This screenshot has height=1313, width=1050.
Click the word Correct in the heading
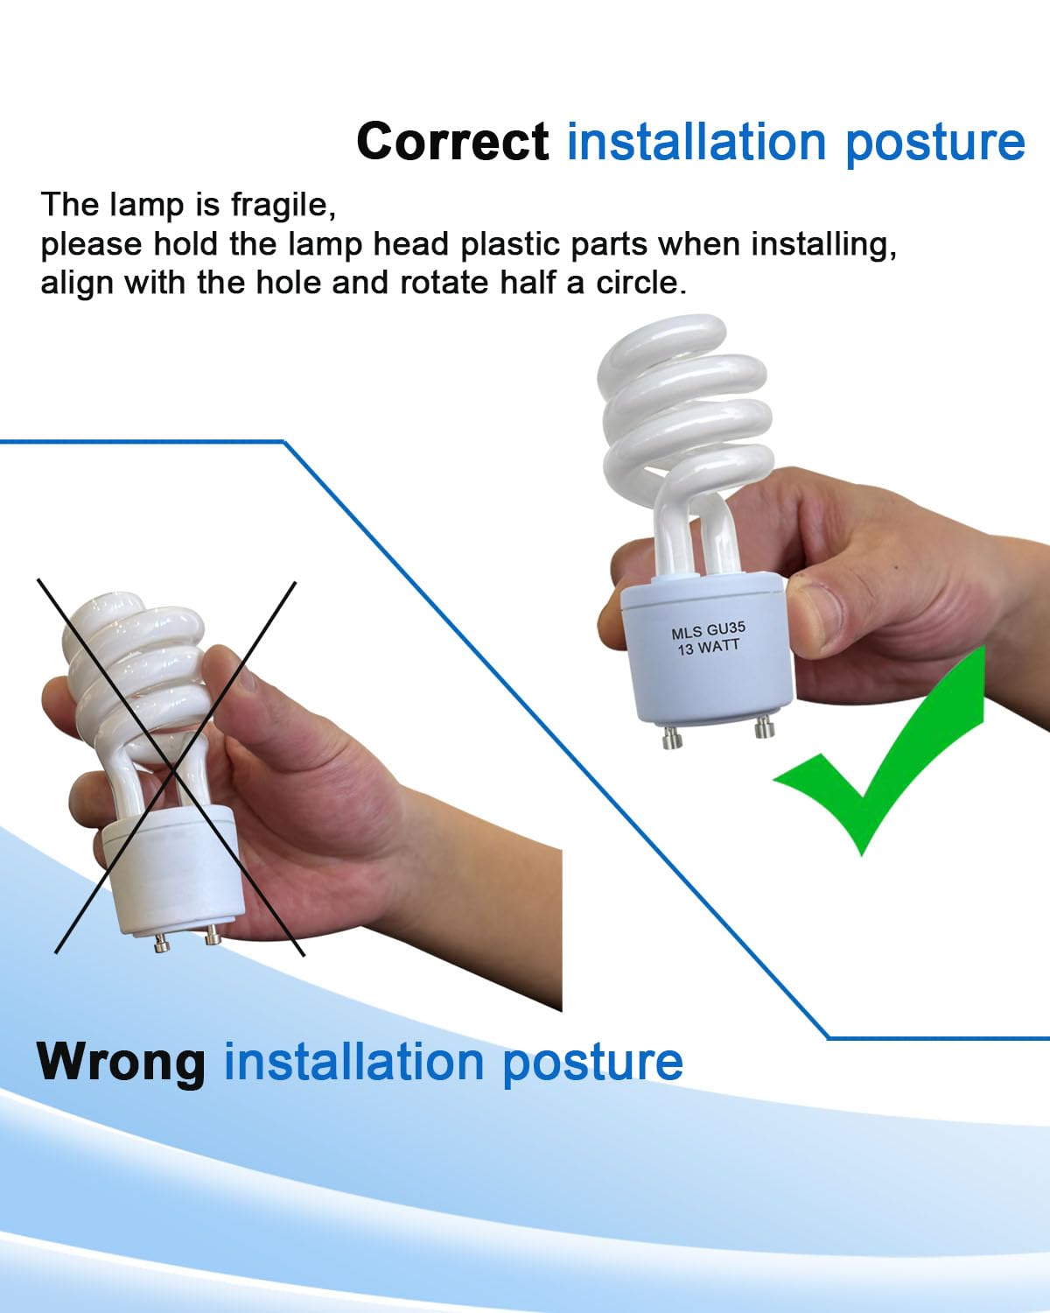452,141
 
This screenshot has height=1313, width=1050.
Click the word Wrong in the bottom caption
121,1061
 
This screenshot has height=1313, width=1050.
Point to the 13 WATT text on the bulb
708,648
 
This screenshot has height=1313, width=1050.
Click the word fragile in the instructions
278,205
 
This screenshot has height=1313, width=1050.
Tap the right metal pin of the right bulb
766,728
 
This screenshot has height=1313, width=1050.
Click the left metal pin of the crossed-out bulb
162,943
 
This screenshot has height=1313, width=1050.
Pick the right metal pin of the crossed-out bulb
211,937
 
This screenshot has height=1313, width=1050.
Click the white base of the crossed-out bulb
171,867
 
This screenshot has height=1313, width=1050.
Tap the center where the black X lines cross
170,762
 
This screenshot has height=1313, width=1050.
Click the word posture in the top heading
934,141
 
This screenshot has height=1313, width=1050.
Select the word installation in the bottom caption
354,1061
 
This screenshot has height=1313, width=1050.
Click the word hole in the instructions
297,283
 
